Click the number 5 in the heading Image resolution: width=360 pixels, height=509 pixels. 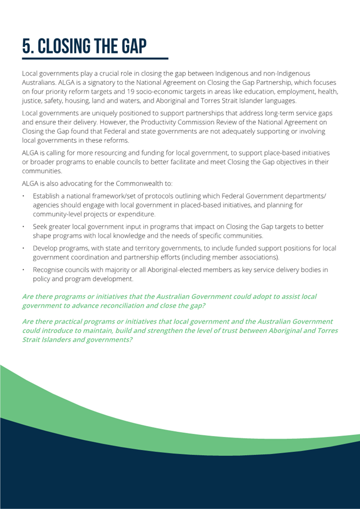click(28, 47)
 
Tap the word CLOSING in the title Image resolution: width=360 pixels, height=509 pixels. click(71, 47)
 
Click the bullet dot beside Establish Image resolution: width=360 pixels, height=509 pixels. click(24, 196)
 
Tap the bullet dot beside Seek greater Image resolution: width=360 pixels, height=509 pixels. click(24, 227)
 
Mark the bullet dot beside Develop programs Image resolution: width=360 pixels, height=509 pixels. click(24, 248)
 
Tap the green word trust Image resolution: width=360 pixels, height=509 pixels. click(222, 330)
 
